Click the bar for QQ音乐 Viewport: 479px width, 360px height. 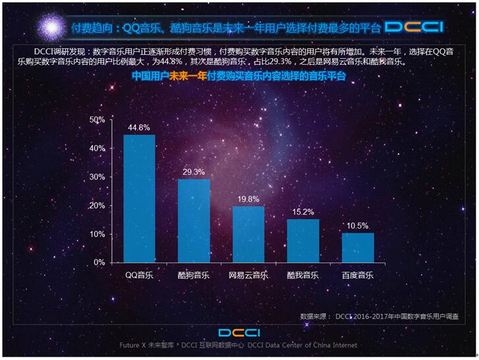point(139,198)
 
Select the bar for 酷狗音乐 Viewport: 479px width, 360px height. point(194,220)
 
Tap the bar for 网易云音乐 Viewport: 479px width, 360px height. point(248,234)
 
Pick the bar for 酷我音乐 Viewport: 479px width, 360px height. point(303,241)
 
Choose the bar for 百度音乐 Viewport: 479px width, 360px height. point(358,247)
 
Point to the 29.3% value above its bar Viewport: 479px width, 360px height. point(194,172)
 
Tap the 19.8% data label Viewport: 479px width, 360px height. point(249,199)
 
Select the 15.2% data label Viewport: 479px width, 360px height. point(303,212)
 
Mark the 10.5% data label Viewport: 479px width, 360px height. point(358,225)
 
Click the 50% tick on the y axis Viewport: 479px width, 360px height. point(97,120)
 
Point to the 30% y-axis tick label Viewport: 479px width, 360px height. point(97,177)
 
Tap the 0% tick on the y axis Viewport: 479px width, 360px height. point(99,262)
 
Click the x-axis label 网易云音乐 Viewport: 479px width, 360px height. point(248,275)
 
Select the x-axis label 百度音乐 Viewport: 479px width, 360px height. point(358,275)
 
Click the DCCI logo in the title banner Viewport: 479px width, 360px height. point(414,27)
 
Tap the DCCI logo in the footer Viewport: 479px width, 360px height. point(239,332)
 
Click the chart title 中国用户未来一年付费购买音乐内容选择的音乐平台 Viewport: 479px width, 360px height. point(239,76)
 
